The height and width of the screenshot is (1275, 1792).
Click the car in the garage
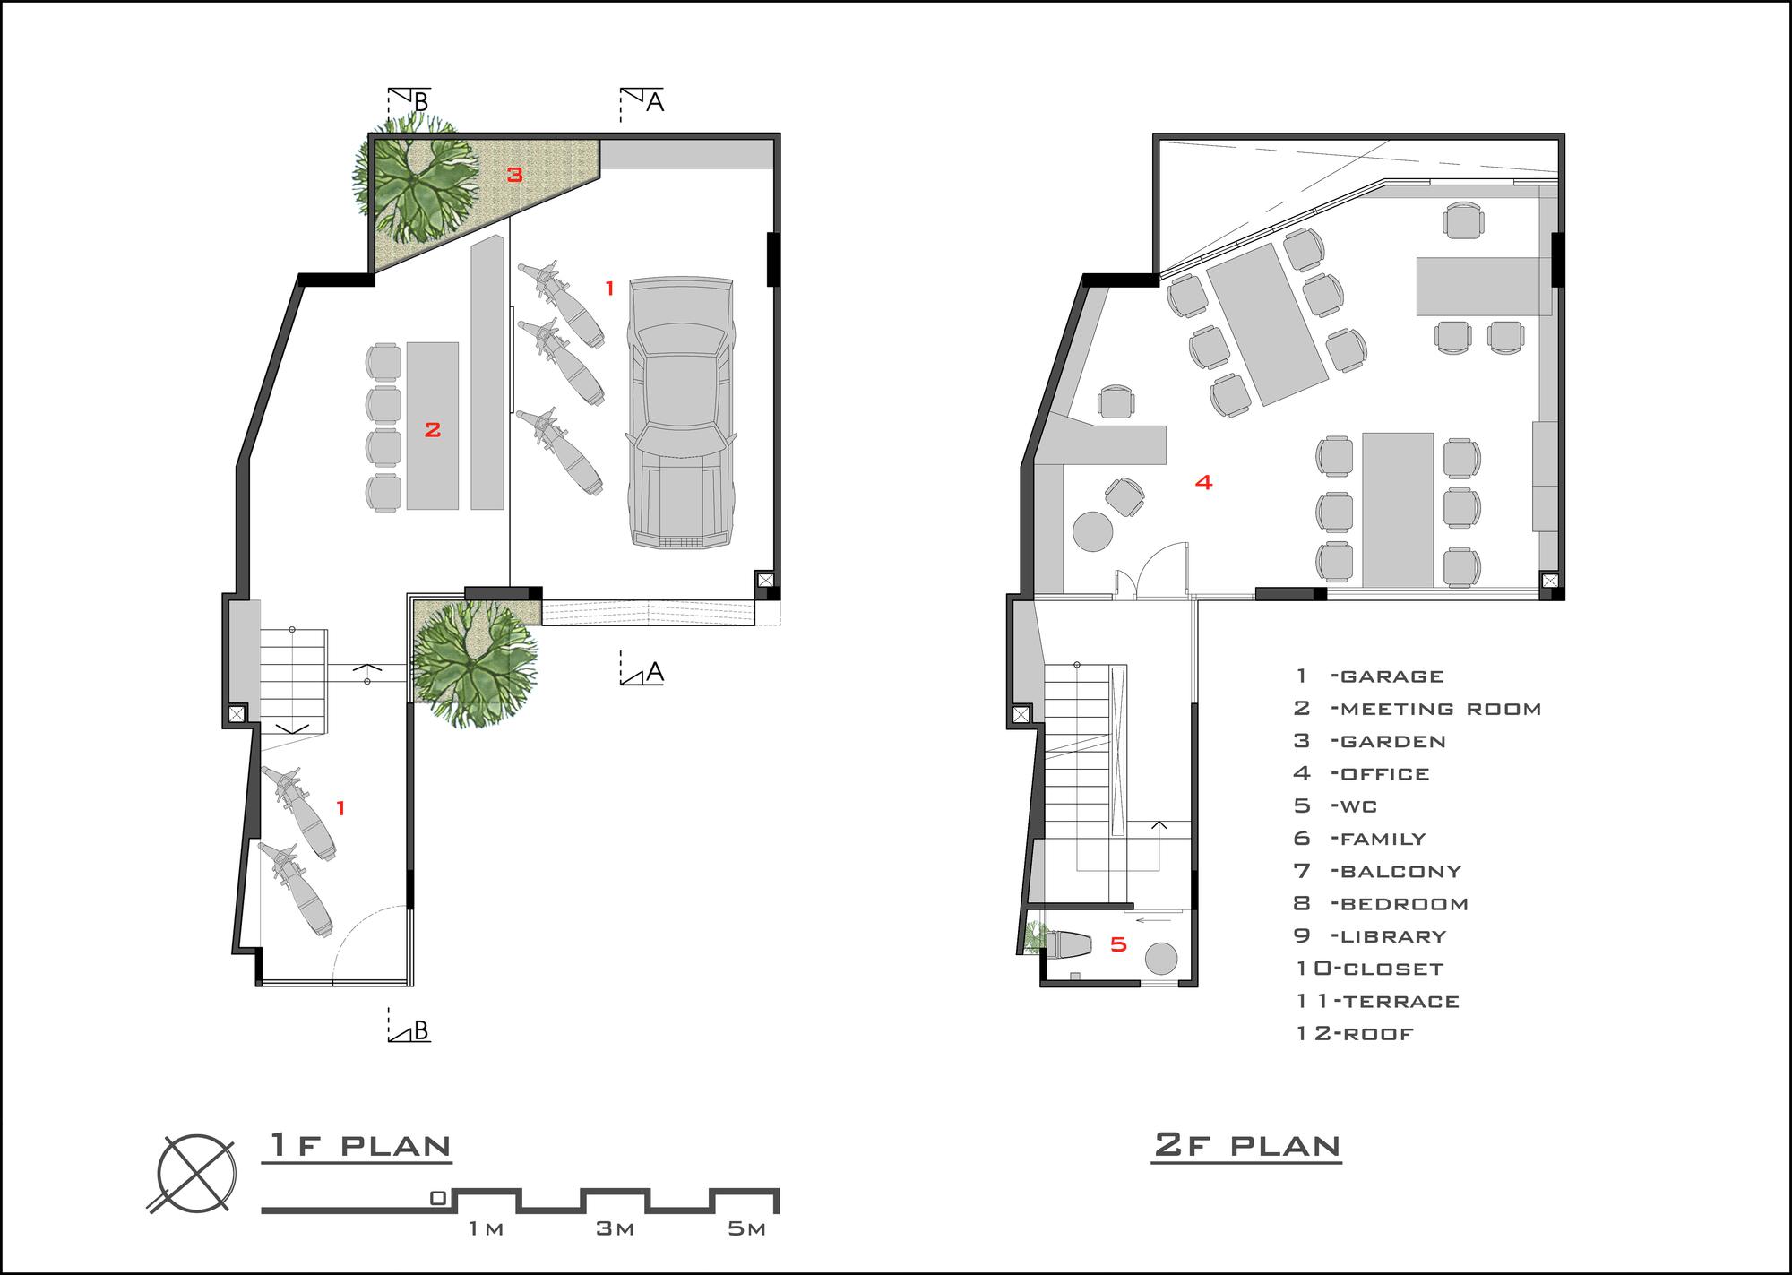[682, 413]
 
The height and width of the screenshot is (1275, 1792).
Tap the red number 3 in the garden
[514, 175]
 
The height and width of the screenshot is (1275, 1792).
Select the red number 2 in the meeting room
[433, 430]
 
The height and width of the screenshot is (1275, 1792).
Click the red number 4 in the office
[1204, 482]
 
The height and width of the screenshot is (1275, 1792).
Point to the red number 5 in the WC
[1118, 943]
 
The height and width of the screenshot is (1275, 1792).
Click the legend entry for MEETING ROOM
[1417, 709]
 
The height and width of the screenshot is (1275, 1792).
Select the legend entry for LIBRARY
[1370, 936]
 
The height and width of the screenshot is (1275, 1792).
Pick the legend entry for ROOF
[1355, 1034]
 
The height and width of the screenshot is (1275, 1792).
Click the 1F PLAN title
[358, 1146]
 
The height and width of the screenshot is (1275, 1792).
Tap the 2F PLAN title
[1246, 1146]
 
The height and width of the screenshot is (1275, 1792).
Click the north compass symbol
[196, 1175]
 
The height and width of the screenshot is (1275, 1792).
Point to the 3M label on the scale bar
[616, 1228]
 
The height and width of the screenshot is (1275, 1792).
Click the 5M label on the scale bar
[746, 1228]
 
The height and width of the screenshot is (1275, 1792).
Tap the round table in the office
[1092, 530]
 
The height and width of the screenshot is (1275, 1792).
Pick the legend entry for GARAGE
[1369, 676]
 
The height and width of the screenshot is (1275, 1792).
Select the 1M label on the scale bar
[486, 1228]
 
